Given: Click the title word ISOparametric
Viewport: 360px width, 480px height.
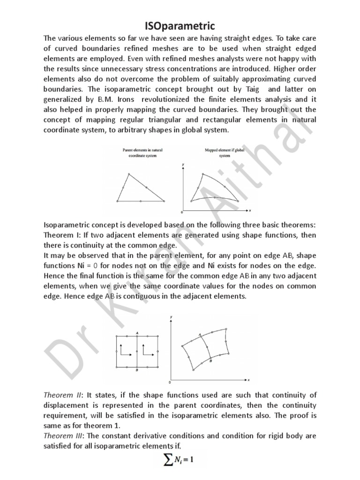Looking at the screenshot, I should coord(180,24).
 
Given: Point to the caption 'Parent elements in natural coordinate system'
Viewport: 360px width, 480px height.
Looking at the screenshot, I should coord(140,153).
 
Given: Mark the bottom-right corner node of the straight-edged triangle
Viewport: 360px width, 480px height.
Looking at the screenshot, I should coord(165,201).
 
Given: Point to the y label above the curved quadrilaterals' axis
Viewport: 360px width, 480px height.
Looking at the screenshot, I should coord(172,318).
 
